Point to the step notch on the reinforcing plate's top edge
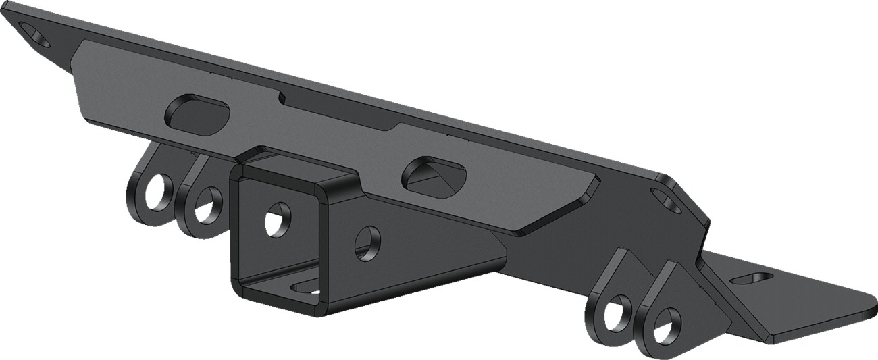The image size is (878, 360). pos(284,99)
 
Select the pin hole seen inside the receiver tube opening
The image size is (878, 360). pos(278,220)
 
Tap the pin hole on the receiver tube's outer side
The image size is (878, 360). pos(367,244)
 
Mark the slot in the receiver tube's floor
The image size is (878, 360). pos(307,289)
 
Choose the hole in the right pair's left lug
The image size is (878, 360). pos(616,312)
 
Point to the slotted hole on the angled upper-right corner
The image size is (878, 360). pos(666,200)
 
